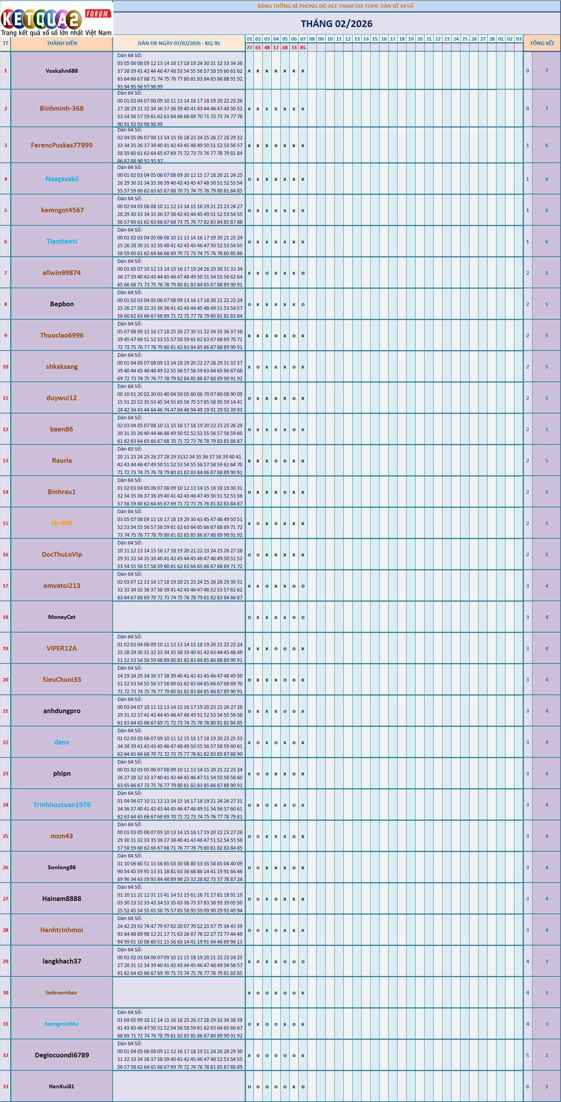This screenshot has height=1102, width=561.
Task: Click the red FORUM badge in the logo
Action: (97, 14)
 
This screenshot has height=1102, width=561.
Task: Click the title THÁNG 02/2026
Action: (337, 23)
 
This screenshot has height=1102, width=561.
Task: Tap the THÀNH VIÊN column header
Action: (62, 43)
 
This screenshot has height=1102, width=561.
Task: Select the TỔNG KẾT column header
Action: (542, 43)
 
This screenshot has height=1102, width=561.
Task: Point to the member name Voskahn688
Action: (62, 71)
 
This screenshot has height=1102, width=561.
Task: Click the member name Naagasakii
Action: (62, 179)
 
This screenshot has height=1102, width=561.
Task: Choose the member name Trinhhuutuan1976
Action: (62, 805)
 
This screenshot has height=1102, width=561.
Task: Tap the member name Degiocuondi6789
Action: (62, 1055)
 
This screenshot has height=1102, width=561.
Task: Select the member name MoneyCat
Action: (62, 617)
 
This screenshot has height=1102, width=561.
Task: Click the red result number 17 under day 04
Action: (276, 47)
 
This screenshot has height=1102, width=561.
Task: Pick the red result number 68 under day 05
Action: (285, 47)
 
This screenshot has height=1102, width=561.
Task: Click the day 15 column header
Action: (375, 39)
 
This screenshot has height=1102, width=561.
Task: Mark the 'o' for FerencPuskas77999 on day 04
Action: (276, 146)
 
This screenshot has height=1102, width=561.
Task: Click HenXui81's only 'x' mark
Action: (294, 1087)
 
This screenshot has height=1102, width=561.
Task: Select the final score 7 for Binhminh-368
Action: (547, 109)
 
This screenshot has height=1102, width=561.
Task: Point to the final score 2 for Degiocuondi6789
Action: (547, 1055)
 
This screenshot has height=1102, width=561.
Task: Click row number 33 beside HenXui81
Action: (5, 1087)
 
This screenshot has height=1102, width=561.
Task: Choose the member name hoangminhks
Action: (62, 1024)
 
